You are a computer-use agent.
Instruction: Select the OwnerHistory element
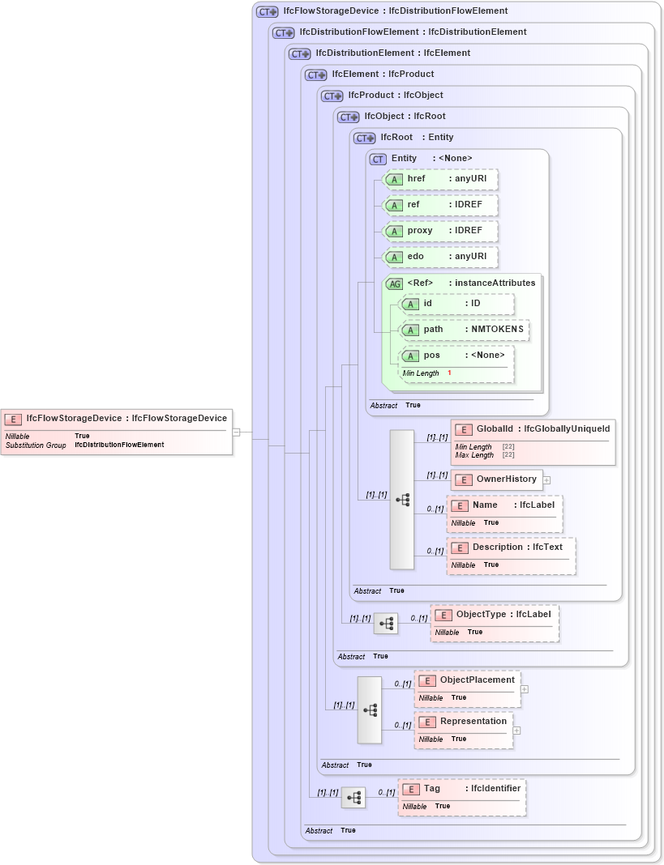click(497, 479)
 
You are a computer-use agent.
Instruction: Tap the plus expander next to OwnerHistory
click(547, 479)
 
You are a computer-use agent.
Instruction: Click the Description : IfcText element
click(511, 548)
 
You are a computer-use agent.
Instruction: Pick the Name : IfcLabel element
click(503, 505)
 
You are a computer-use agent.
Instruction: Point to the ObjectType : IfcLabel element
click(494, 615)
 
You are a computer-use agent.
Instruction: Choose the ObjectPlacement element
click(467, 680)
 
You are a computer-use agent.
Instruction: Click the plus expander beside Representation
click(517, 730)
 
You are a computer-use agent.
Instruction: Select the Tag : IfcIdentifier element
click(461, 789)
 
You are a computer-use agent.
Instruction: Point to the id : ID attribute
click(457, 304)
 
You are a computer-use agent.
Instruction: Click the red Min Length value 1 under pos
click(449, 373)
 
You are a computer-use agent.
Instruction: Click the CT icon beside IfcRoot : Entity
click(364, 138)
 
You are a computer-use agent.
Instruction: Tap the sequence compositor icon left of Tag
click(353, 798)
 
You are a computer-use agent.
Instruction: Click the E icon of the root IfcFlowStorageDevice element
click(13, 419)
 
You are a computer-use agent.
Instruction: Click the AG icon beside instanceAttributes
click(394, 283)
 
